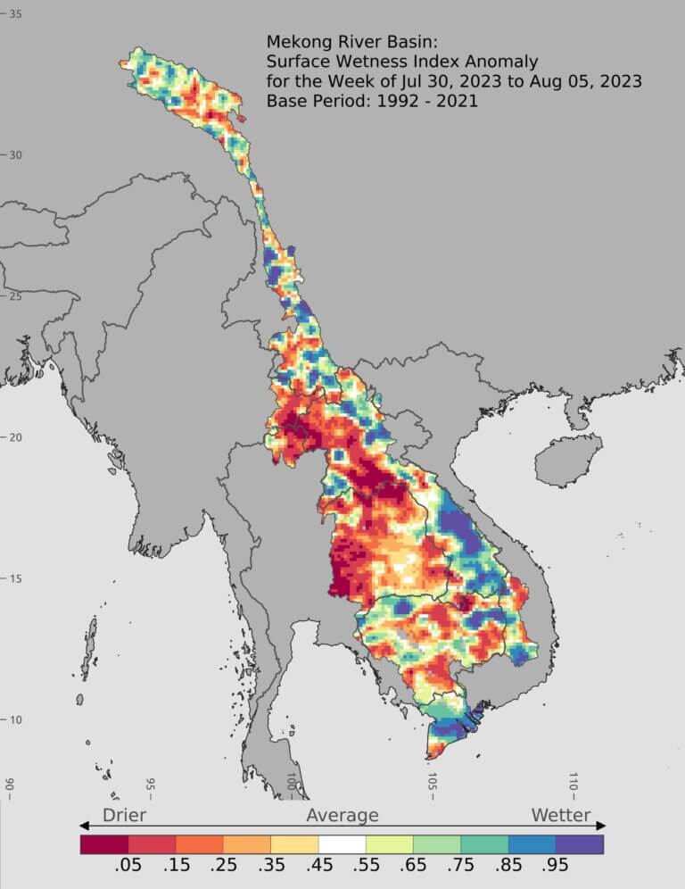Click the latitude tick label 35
(x=16, y=14)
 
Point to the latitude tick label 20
(x=16, y=437)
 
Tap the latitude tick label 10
(x=16, y=720)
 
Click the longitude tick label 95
(x=150, y=785)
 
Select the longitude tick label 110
(x=573, y=784)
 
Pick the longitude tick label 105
(x=432, y=784)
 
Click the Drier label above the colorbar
(x=124, y=815)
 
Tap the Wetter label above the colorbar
(x=561, y=815)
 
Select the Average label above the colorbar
(x=342, y=815)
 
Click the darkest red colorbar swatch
(x=103, y=843)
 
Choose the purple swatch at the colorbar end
(x=580, y=843)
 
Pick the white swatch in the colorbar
(x=342, y=843)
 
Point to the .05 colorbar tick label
(x=128, y=868)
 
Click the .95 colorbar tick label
(x=556, y=868)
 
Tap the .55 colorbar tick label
(x=366, y=868)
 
